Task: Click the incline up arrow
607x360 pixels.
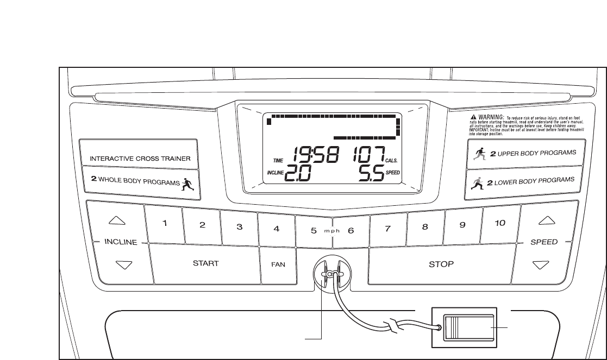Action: tap(117, 220)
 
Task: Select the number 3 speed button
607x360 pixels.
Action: tap(239, 228)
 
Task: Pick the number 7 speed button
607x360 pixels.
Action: tap(388, 228)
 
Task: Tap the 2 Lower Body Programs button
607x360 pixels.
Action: tap(521, 181)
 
